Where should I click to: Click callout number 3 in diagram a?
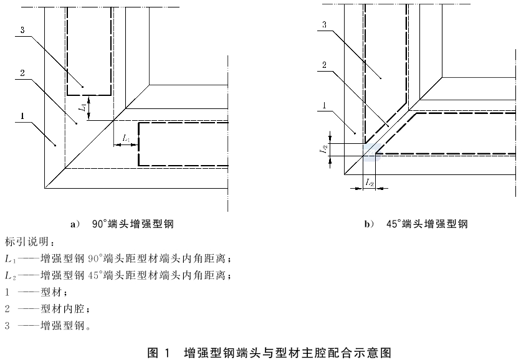[x=22, y=31]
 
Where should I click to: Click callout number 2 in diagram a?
[x=22, y=73]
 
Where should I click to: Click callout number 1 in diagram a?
[x=22, y=116]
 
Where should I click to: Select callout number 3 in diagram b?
[x=324, y=24]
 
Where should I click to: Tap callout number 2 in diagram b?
[x=324, y=65]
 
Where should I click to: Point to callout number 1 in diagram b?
[x=324, y=106]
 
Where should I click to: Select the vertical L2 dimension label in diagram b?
[x=323, y=149]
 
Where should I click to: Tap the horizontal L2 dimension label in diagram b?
[x=370, y=182]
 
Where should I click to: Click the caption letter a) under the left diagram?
[x=75, y=224]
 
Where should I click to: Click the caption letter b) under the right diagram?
[x=370, y=224]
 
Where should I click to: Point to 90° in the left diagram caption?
[x=99, y=224]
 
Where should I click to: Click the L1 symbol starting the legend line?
[x=11, y=258]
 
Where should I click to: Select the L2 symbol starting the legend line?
[x=11, y=275]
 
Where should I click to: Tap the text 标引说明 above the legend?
[x=27, y=242]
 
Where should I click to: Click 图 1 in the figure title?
[x=158, y=353]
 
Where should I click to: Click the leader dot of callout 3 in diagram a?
[x=83, y=87]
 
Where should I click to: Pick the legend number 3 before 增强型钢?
[x=7, y=326]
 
